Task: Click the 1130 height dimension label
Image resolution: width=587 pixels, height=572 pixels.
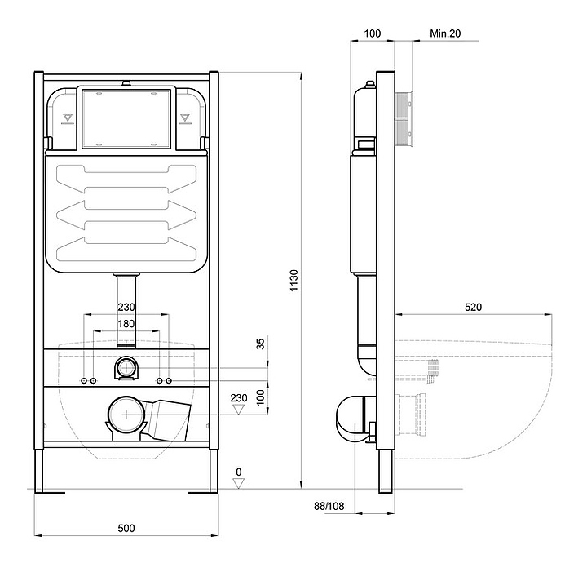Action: coord(293,280)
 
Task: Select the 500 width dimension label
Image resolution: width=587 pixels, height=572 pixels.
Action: coord(126,528)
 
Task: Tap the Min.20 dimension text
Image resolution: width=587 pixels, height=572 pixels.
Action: coord(445,33)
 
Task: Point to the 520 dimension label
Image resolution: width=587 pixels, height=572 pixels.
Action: coord(473,307)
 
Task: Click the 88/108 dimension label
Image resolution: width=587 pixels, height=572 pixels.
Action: coord(329,506)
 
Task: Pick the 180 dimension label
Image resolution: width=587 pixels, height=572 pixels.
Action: coord(126,324)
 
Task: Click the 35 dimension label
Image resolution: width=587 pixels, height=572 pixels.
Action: coord(260,344)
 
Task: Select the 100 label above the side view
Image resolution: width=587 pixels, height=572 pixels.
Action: coord(373,33)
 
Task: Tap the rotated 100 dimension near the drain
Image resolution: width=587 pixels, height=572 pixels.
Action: coord(260,397)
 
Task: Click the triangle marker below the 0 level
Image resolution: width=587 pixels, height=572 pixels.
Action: coord(238,483)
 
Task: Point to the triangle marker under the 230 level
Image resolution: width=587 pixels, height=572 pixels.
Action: coord(238,409)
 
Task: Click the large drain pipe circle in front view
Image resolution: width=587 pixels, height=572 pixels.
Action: coord(126,415)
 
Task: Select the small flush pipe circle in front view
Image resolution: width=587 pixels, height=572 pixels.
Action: coord(126,368)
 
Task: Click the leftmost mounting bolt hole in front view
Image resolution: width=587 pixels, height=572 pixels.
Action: coord(84,381)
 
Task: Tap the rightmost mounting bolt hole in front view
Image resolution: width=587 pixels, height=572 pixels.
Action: coord(169,381)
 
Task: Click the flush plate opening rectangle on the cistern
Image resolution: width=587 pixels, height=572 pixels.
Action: coord(126,118)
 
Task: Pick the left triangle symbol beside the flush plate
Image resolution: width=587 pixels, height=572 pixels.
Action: coord(68,118)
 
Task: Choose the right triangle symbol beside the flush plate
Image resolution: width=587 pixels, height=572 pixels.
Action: coord(185,118)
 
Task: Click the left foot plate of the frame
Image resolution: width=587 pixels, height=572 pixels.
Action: coord(50,493)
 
